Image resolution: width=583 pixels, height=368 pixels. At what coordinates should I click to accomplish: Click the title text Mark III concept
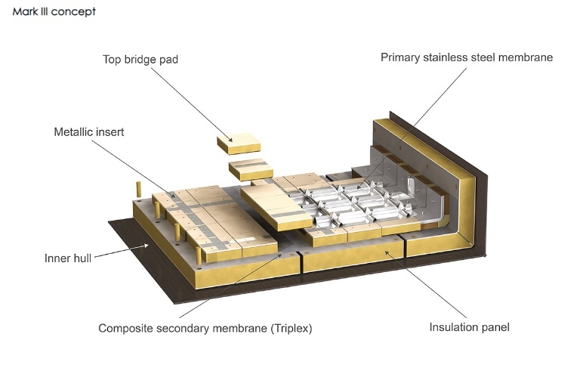[x=54, y=11]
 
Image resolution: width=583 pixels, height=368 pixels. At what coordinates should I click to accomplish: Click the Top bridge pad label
[x=140, y=60]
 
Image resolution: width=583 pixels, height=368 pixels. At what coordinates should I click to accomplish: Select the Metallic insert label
[x=89, y=132]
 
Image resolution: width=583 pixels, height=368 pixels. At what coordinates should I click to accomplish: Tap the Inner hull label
[x=68, y=258]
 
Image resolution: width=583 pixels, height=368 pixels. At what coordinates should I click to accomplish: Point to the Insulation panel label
[x=469, y=327]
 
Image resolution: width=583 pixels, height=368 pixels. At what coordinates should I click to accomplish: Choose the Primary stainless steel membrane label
[x=467, y=57]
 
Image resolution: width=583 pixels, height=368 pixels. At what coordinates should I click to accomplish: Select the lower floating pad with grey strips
[x=251, y=169]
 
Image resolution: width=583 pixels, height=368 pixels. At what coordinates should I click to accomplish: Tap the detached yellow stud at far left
[x=139, y=189]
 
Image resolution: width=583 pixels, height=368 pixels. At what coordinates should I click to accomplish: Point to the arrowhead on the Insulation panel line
[x=387, y=253]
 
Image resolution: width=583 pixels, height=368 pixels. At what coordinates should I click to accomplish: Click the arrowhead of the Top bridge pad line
[x=230, y=140]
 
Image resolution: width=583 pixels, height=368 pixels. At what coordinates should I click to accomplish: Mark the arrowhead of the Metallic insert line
[x=172, y=196]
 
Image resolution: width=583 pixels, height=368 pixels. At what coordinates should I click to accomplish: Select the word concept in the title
[x=73, y=12]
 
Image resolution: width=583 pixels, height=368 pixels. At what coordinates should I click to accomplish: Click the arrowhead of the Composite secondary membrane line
[x=279, y=255]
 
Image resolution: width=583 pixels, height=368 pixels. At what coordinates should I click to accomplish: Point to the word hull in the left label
[x=82, y=258]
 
